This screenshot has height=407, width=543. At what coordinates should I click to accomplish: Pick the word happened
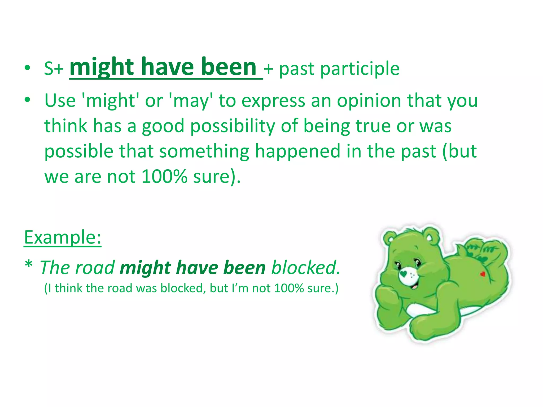297,151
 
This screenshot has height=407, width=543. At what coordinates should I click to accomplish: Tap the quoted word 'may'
191,101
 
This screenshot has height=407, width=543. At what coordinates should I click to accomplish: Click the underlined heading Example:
63,237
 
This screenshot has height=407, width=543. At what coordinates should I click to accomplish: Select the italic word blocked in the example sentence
305,268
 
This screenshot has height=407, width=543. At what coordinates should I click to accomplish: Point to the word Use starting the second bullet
60,101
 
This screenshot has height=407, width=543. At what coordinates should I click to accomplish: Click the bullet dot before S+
27,68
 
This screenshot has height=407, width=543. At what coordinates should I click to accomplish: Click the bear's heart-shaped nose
403,273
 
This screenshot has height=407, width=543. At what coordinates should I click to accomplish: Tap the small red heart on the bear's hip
483,274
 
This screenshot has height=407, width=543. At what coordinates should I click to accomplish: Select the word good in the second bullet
163,126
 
